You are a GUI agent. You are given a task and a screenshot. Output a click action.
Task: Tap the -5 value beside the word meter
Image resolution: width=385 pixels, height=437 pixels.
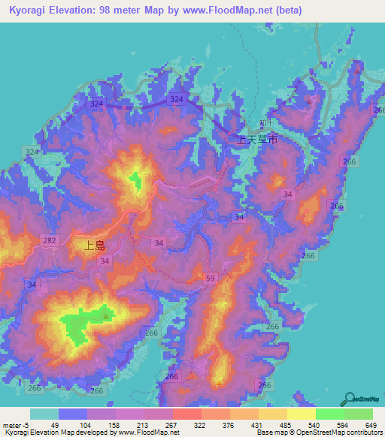click(x=26, y=425)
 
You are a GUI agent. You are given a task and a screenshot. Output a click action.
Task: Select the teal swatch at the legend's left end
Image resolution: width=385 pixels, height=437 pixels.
click(x=44, y=414)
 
